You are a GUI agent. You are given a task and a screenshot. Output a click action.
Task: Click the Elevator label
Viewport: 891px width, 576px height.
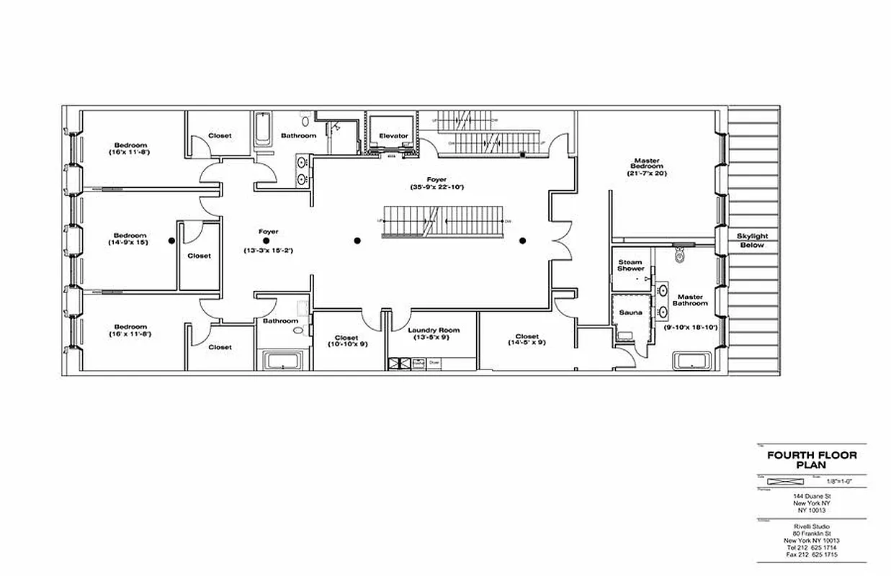[393, 136]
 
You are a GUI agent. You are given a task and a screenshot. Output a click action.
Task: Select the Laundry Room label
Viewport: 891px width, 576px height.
[434, 330]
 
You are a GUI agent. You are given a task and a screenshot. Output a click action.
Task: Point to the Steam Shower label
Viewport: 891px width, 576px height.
[630, 265]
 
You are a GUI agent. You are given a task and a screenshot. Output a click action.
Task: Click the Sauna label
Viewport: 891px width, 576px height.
[630, 312]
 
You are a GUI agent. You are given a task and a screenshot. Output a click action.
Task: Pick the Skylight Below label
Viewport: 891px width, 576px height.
[752, 240]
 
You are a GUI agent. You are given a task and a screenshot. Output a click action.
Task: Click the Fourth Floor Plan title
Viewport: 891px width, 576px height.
[812, 459]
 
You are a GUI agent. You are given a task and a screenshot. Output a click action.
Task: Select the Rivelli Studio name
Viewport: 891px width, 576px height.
[812, 527]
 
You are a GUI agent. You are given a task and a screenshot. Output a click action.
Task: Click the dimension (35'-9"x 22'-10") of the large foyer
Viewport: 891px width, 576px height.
[436, 187]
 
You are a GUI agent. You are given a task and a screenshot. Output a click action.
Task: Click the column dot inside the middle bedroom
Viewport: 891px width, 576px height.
[171, 241]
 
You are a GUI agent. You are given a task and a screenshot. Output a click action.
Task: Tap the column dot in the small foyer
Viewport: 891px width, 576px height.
[266, 241]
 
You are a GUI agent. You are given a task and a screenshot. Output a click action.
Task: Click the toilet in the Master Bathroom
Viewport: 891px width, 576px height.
[679, 255]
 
